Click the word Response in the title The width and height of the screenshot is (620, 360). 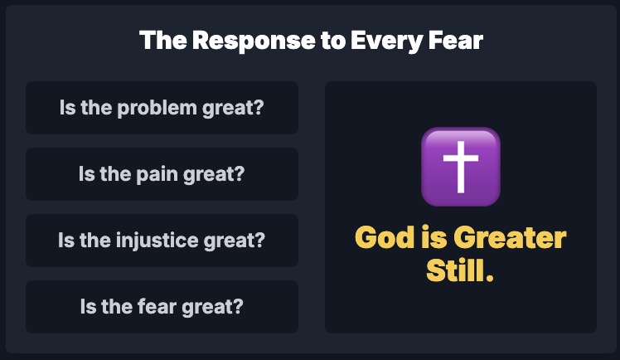pyautogui.click(x=254, y=41)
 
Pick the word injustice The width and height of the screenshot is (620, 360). pyautogui.click(x=157, y=240)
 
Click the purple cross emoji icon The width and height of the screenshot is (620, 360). pyautogui.click(x=461, y=167)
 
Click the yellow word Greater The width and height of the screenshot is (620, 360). pyautogui.click(x=510, y=238)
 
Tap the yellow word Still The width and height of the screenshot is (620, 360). pyautogui.click(x=456, y=270)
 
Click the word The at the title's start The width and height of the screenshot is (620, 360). pyautogui.click(x=163, y=41)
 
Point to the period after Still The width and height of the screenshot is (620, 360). pyautogui.click(x=489, y=277)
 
